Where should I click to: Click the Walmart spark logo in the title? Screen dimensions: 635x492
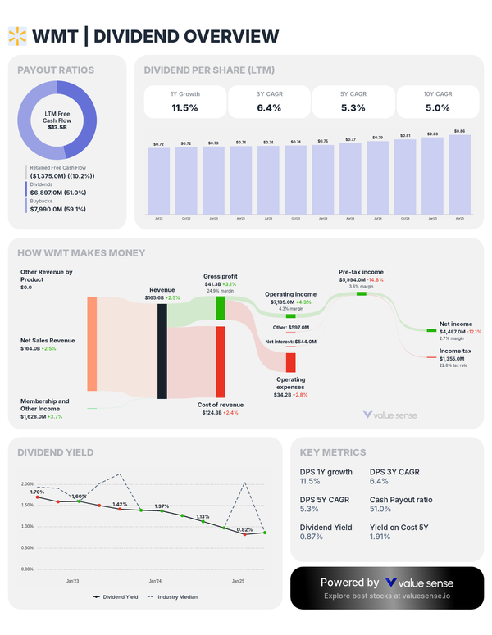point(16,35)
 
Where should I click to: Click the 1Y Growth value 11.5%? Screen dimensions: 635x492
point(184,107)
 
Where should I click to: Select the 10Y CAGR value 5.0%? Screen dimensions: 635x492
point(437,107)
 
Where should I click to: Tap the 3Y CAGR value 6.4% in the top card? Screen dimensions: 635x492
point(268,107)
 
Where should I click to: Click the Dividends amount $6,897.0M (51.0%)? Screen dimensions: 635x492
point(60,193)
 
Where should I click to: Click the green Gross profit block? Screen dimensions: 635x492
point(220,308)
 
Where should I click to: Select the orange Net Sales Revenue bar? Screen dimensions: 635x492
point(92,344)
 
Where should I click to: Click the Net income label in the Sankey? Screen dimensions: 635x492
point(455,324)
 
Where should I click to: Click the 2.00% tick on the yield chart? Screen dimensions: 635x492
point(27,483)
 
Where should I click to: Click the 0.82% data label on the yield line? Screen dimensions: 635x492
point(244,529)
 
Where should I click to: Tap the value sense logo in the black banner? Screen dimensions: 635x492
point(418,583)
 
